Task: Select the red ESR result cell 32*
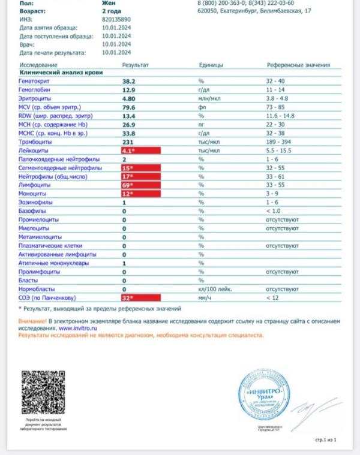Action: [x=140, y=297]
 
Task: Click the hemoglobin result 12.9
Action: [x=130, y=89]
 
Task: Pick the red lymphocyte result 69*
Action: [x=140, y=186]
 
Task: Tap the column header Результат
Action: [x=135, y=64]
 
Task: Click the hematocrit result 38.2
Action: [x=130, y=80]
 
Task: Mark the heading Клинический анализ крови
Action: [x=61, y=72]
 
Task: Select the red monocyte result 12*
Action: [x=140, y=194]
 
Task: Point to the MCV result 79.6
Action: [x=130, y=106]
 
